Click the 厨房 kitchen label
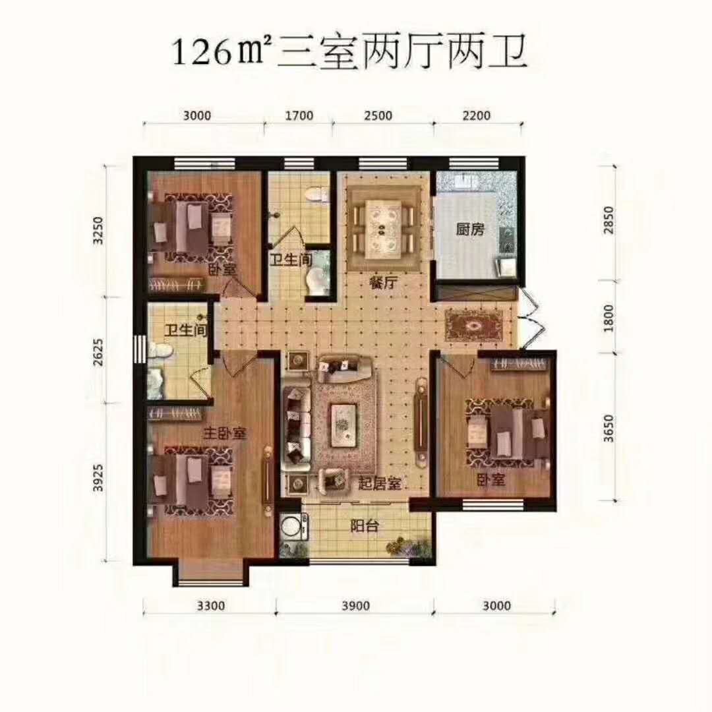[471, 229]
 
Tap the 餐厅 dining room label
[384, 283]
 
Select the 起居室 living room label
[380, 484]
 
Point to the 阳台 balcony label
[365, 526]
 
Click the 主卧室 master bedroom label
[225, 432]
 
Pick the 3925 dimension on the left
[98, 478]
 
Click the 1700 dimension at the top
[299, 115]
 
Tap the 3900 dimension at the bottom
[356, 606]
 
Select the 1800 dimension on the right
[608, 318]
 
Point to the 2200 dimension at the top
[477, 115]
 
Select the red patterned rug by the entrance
[474, 325]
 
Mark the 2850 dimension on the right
[608, 220]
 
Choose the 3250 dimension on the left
[98, 231]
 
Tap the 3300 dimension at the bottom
[211, 606]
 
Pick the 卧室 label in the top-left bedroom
[222, 270]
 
